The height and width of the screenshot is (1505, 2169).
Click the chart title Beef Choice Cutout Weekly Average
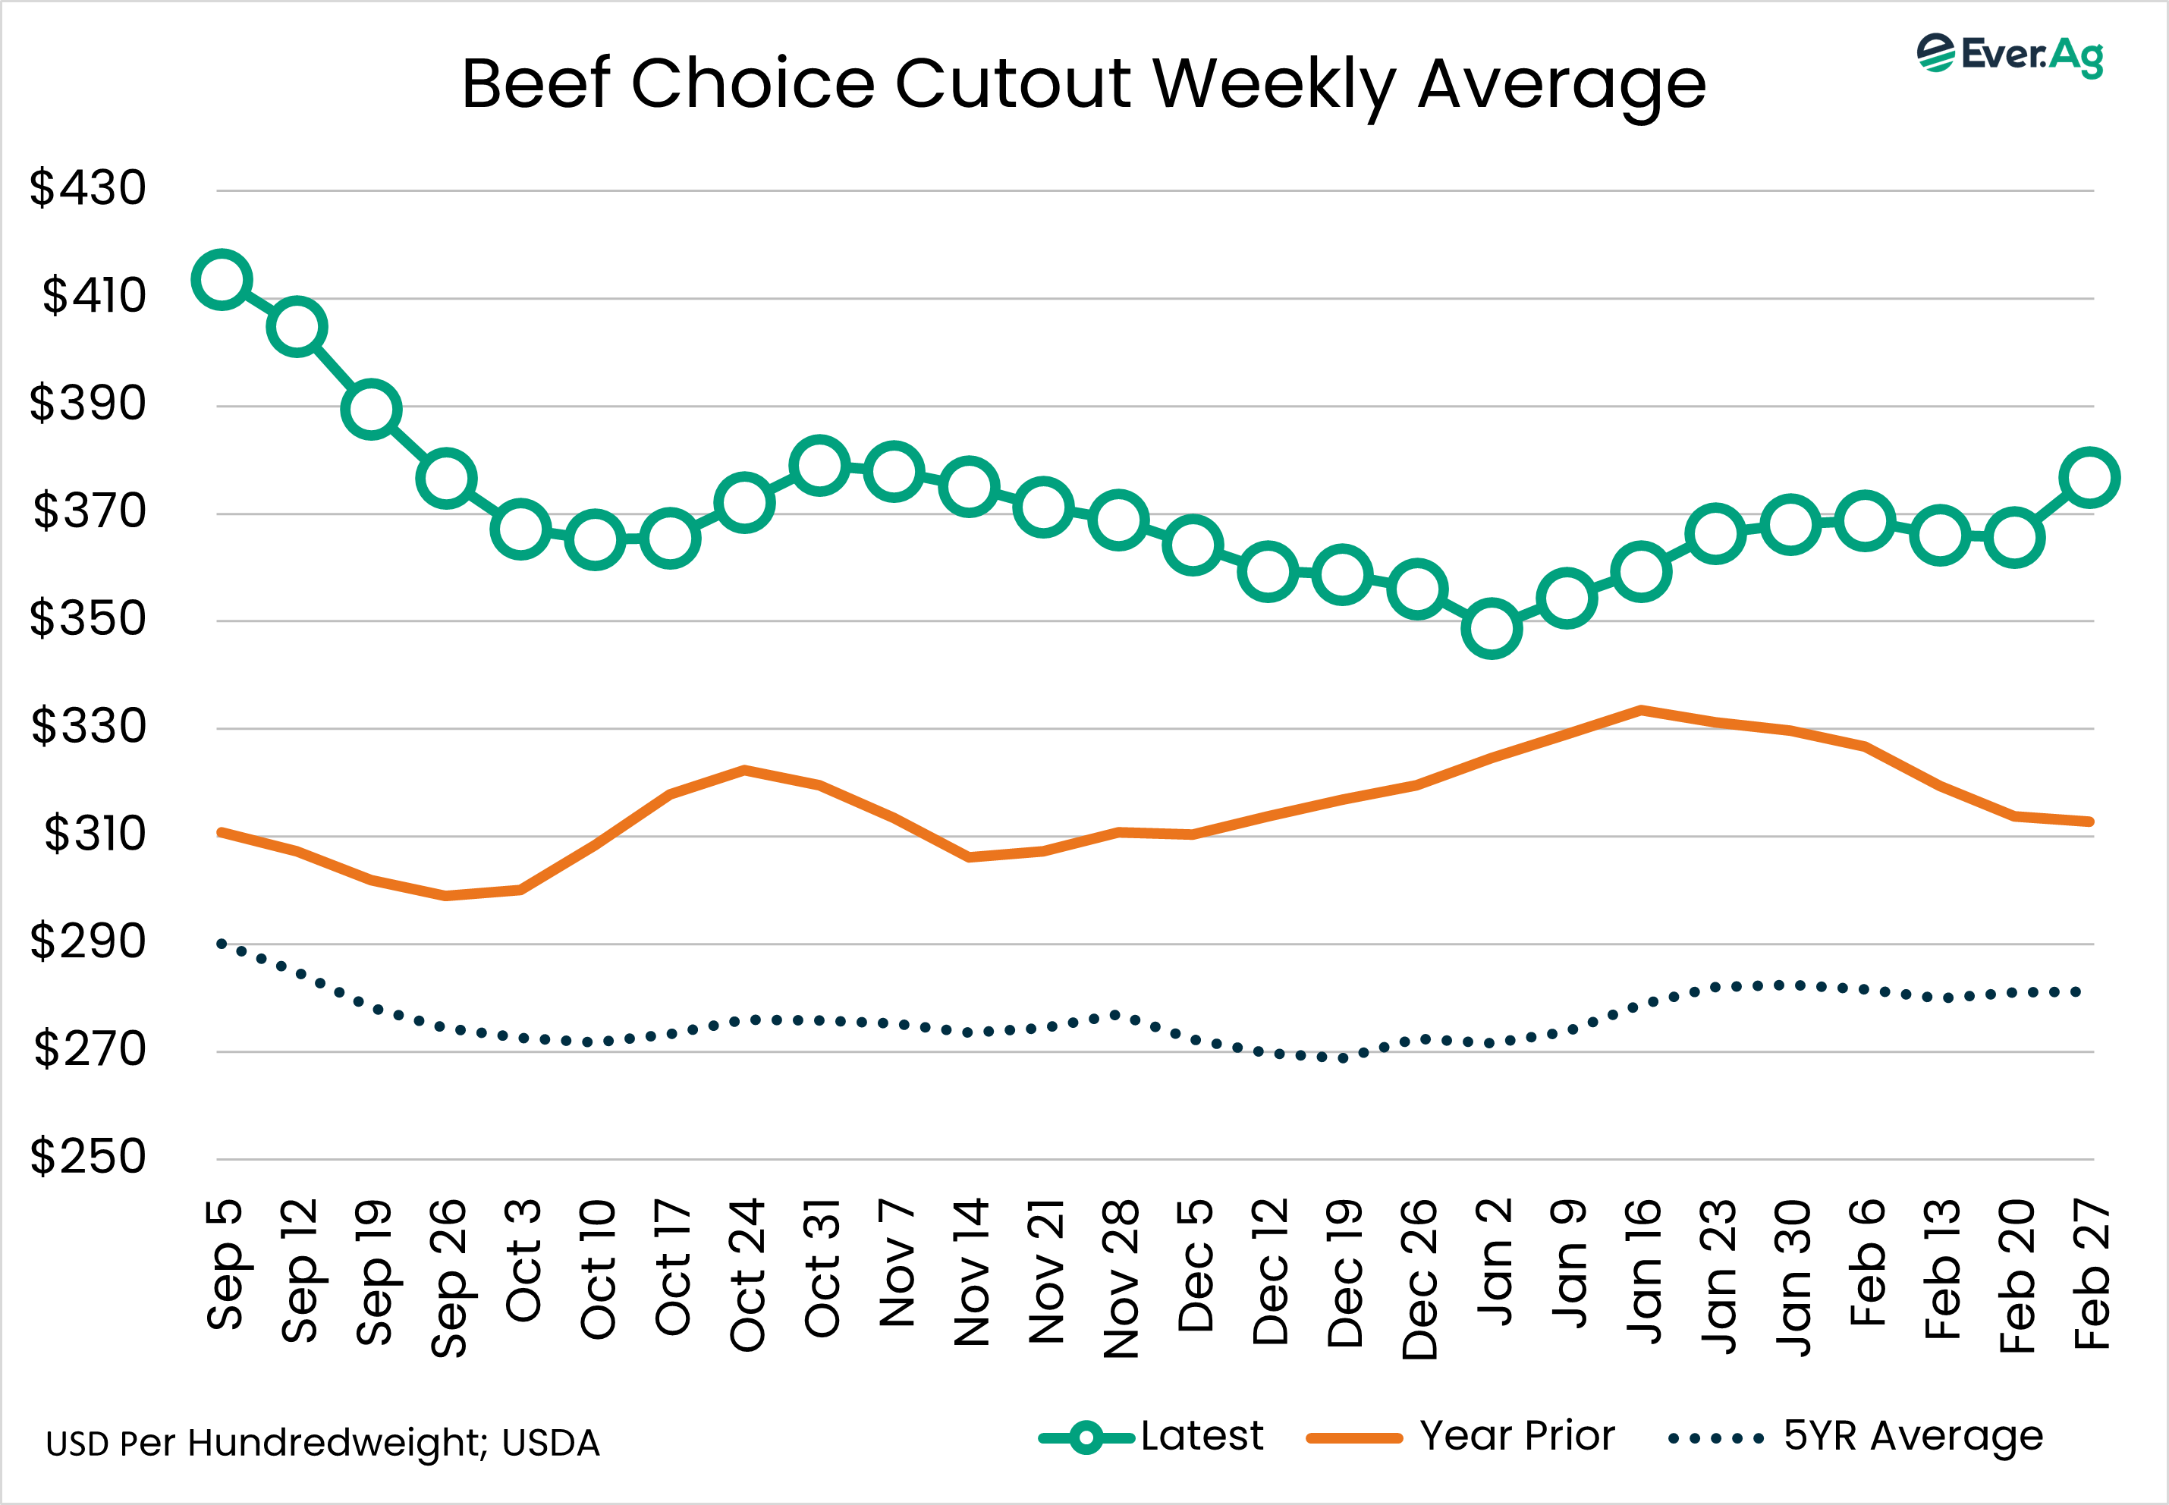(1083, 85)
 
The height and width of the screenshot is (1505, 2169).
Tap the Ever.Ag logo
(2010, 55)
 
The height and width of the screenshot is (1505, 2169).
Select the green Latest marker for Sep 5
(222, 279)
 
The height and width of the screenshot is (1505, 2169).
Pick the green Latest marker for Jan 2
(1491, 628)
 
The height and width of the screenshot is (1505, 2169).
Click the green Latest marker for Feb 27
(2090, 478)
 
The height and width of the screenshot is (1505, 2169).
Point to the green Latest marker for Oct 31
(819, 466)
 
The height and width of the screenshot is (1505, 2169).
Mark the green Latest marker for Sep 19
(372, 410)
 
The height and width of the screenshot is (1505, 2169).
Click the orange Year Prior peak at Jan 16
(1641, 710)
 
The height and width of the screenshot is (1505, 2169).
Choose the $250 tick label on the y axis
(88, 1156)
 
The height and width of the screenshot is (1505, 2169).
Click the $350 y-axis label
(88, 618)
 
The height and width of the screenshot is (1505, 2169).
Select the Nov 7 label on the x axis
(896, 1264)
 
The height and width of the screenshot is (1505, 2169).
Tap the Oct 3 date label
(523, 1260)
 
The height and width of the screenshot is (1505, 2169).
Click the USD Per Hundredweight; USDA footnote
(322, 1444)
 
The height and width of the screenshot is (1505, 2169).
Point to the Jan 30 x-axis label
(1792, 1277)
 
